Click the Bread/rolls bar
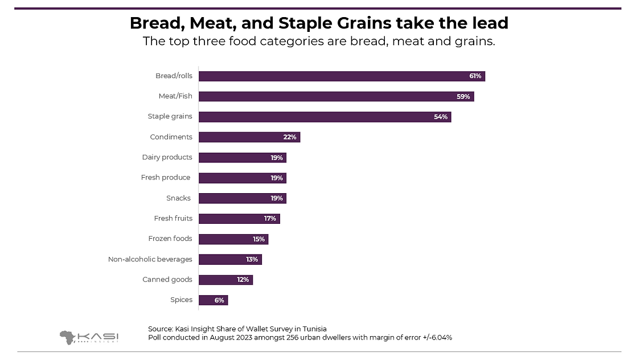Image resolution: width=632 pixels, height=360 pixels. tap(342, 76)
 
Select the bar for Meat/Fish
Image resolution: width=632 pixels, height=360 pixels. tap(336, 96)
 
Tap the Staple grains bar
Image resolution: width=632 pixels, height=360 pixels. tap(325, 117)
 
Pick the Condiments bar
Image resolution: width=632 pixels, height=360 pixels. tap(249, 137)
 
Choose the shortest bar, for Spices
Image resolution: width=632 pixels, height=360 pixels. tap(213, 300)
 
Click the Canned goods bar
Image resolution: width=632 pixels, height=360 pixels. tap(225, 280)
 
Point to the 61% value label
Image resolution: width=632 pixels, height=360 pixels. tap(475, 76)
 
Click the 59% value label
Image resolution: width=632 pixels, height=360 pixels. tap(463, 96)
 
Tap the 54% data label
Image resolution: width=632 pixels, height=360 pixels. tap(441, 117)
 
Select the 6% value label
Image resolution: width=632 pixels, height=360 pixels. tap(220, 300)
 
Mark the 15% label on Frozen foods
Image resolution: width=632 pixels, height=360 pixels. tap(259, 239)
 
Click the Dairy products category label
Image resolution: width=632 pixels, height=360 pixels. tap(167, 157)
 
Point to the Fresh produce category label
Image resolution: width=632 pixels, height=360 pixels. tap(166, 178)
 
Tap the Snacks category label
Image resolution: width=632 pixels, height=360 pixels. tap(178, 198)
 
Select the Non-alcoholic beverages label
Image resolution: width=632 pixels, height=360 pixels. tap(150, 259)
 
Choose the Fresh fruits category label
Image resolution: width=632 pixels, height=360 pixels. tap(173, 218)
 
